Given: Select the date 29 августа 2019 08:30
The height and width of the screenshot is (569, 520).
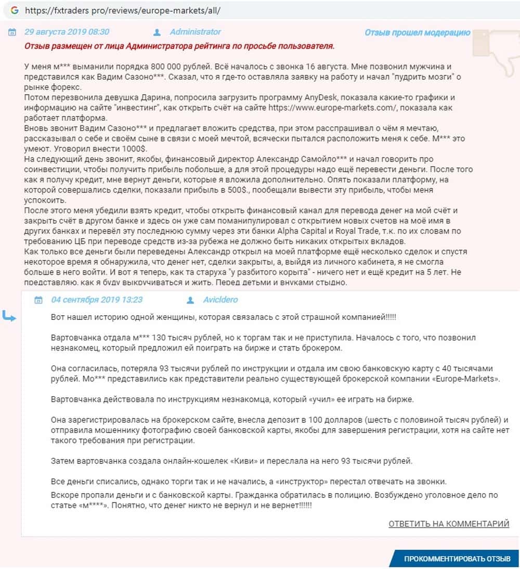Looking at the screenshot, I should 67,32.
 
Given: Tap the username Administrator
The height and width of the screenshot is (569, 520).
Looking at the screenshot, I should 195,32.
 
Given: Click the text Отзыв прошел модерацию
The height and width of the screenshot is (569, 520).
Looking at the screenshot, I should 417,33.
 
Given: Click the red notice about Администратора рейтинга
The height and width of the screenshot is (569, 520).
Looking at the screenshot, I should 179,46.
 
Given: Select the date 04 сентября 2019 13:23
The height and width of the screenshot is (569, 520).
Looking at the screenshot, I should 97,300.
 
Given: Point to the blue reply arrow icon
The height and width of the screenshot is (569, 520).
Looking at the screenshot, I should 9,316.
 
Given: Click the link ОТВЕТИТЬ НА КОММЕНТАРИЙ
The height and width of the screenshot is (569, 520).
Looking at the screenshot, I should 449,524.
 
